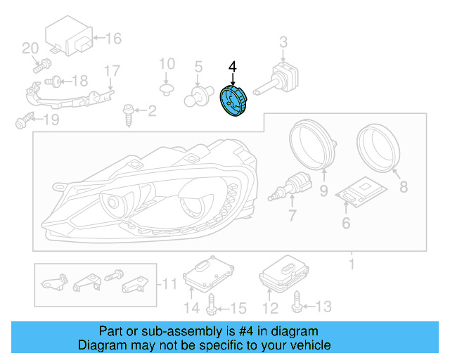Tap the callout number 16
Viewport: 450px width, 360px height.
click(x=113, y=38)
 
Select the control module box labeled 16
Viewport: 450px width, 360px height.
click(x=70, y=39)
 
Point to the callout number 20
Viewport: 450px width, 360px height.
click(x=30, y=49)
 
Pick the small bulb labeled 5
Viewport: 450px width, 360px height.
click(x=198, y=95)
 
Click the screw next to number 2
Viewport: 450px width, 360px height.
click(x=129, y=112)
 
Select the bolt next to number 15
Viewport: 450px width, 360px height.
click(x=212, y=305)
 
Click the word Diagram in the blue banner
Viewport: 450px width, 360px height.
click(x=99, y=345)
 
